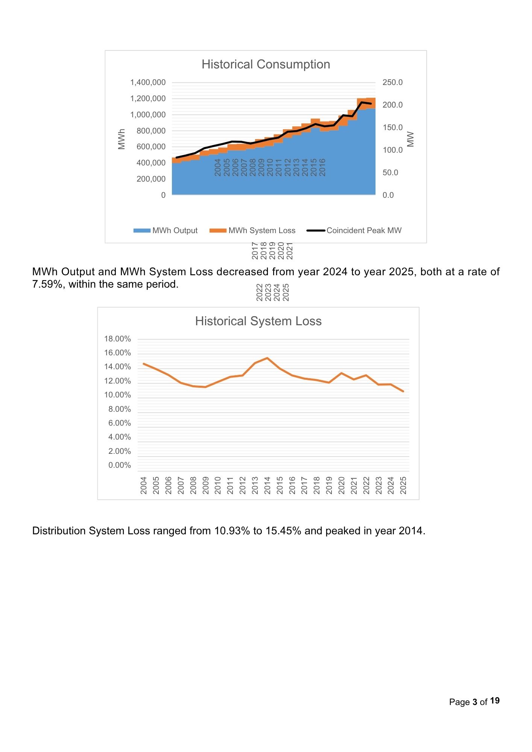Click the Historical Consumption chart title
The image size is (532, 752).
pyautogui.click(x=266, y=64)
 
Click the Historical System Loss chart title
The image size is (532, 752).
pyautogui.click(x=258, y=321)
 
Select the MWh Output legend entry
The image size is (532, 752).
pyautogui.click(x=166, y=230)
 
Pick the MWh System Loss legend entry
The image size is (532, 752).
pyautogui.click(x=252, y=230)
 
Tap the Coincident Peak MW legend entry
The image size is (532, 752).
pyautogui.click(x=354, y=230)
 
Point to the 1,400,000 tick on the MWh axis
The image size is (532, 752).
pyautogui.click(x=148, y=82)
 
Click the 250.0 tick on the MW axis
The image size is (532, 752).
pyautogui.click(x=392, y=82)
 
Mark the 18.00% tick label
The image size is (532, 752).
pyautogui.click(x=117, y=339)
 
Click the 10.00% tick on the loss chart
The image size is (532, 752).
pyautogui.click(x=117, y=395)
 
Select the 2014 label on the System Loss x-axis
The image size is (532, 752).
pyautogui.click(x=268, y=485)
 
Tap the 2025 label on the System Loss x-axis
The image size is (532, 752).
pyautogui.click(x=403, y=485)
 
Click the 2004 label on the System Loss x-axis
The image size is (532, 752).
pyautogui.click(x=144, y=485)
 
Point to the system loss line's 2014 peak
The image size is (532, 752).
pyautogui.click(x=267, y=358)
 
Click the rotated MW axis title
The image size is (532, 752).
pyautogui.click(x=410, y=139)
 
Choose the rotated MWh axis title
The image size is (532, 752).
pyautogui.click(x=122, y=139)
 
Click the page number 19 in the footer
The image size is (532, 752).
pyautogui.click(x=495, y=700)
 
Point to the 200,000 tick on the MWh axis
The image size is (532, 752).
pyautogui.click(x=151, y=179)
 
